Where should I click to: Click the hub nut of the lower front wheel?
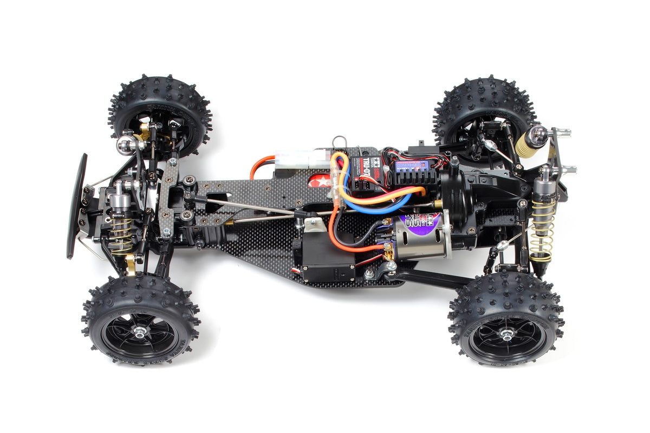[x=140, y=332]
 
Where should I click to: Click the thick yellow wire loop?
[x=379, y=195]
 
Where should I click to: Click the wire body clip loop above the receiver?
[x=339, y=142]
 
